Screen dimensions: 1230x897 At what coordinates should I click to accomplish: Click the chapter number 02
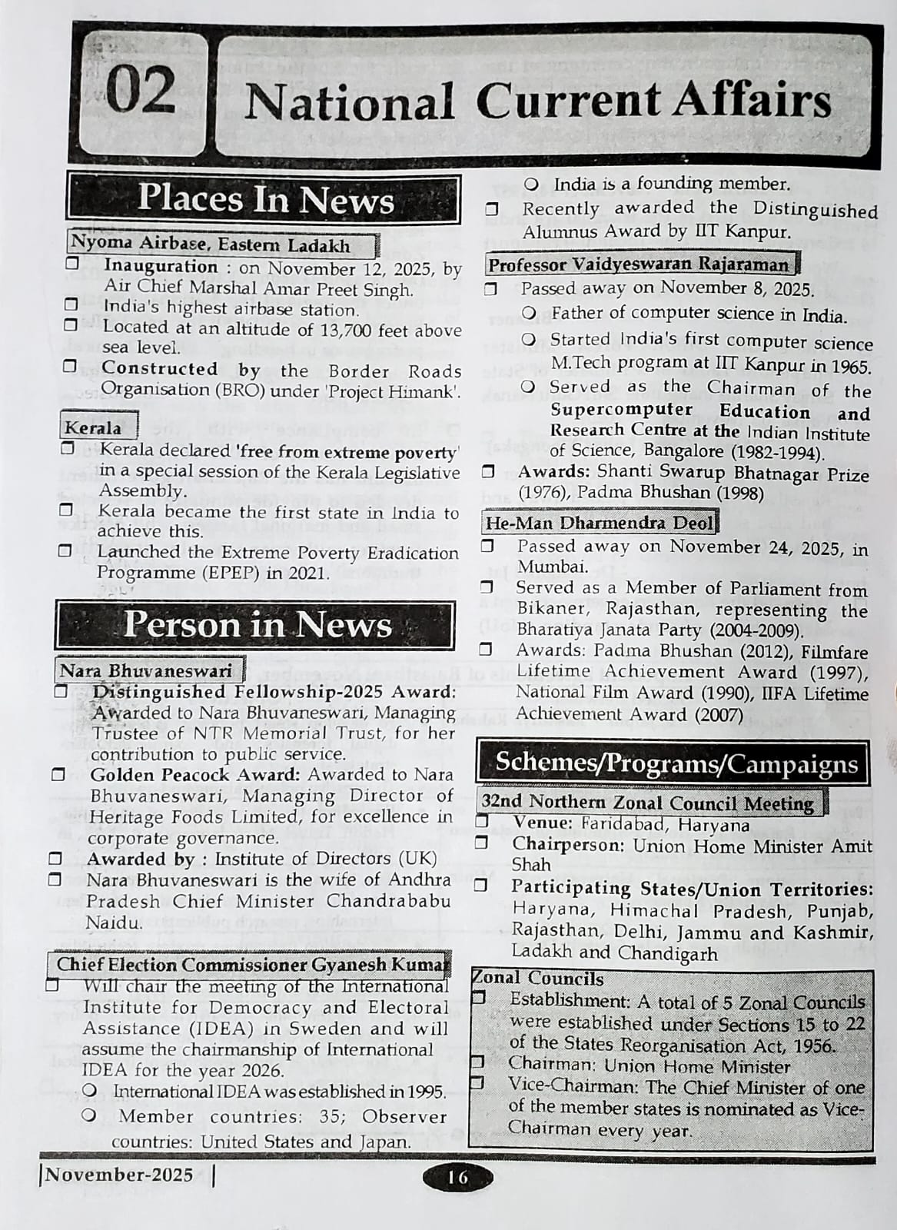tap(141, 91)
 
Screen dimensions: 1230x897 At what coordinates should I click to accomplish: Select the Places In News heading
tap(265, 199)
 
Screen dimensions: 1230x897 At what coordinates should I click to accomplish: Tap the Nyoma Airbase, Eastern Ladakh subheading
tap(211, 244)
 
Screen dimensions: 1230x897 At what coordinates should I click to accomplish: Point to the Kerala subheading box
tap(92, 427)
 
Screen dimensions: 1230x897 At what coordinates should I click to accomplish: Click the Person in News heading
tap(257, 624)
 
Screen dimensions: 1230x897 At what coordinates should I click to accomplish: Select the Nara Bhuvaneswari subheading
tap(146, 670)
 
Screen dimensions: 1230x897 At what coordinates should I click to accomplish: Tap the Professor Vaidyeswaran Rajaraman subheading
tap(639, 264)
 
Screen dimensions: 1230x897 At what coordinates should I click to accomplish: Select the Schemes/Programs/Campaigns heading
tap(676, 763)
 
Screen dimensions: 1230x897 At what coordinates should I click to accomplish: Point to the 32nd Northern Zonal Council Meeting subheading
tap(647, 803)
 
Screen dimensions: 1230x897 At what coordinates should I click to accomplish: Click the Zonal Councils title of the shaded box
tap(538, 979)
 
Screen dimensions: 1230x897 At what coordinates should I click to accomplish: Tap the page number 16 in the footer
tap(457, 1177)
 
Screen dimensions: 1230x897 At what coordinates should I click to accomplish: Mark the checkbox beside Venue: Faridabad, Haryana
tap(482, 822)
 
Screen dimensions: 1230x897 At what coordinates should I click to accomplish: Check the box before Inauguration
tap(72, 264)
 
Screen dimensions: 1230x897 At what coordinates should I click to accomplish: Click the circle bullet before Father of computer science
tap(528, 314)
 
